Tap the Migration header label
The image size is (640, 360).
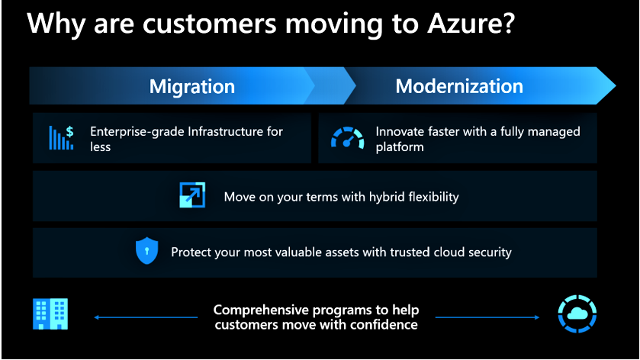(x=191, y=86)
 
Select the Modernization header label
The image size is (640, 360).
(x=459, y=86)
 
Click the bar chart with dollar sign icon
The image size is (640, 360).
(x=61, y=137)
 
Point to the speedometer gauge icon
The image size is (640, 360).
(x=347, y=137)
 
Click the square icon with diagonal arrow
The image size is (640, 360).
(x=192, y=194)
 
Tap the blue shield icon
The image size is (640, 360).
(x=147, y=251)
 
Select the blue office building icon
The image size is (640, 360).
(x=50, y=314)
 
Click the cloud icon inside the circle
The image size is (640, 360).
(x=577, y=314)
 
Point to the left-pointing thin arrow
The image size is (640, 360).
(x=146, y=317)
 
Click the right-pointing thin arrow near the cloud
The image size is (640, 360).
(x=487, y=317)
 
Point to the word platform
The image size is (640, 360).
(x=400, y=147)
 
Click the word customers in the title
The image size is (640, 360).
(x=209, y=24)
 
